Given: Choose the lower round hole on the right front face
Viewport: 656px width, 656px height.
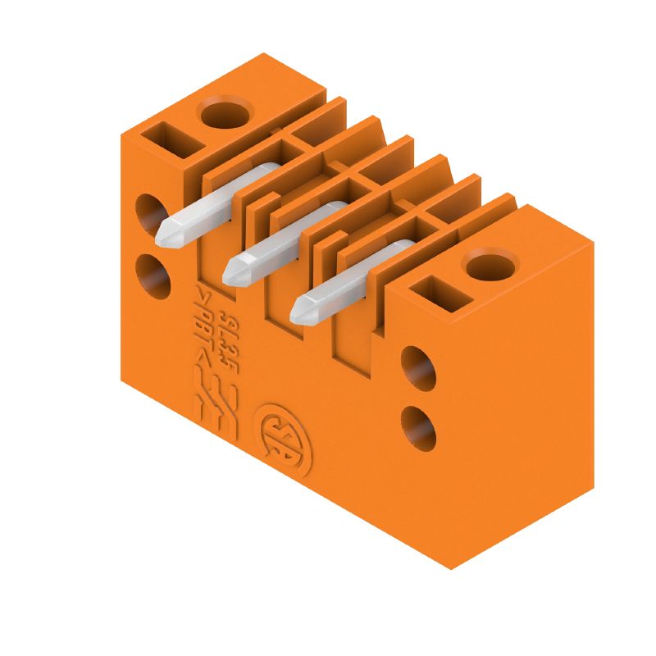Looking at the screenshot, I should point(419,427).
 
